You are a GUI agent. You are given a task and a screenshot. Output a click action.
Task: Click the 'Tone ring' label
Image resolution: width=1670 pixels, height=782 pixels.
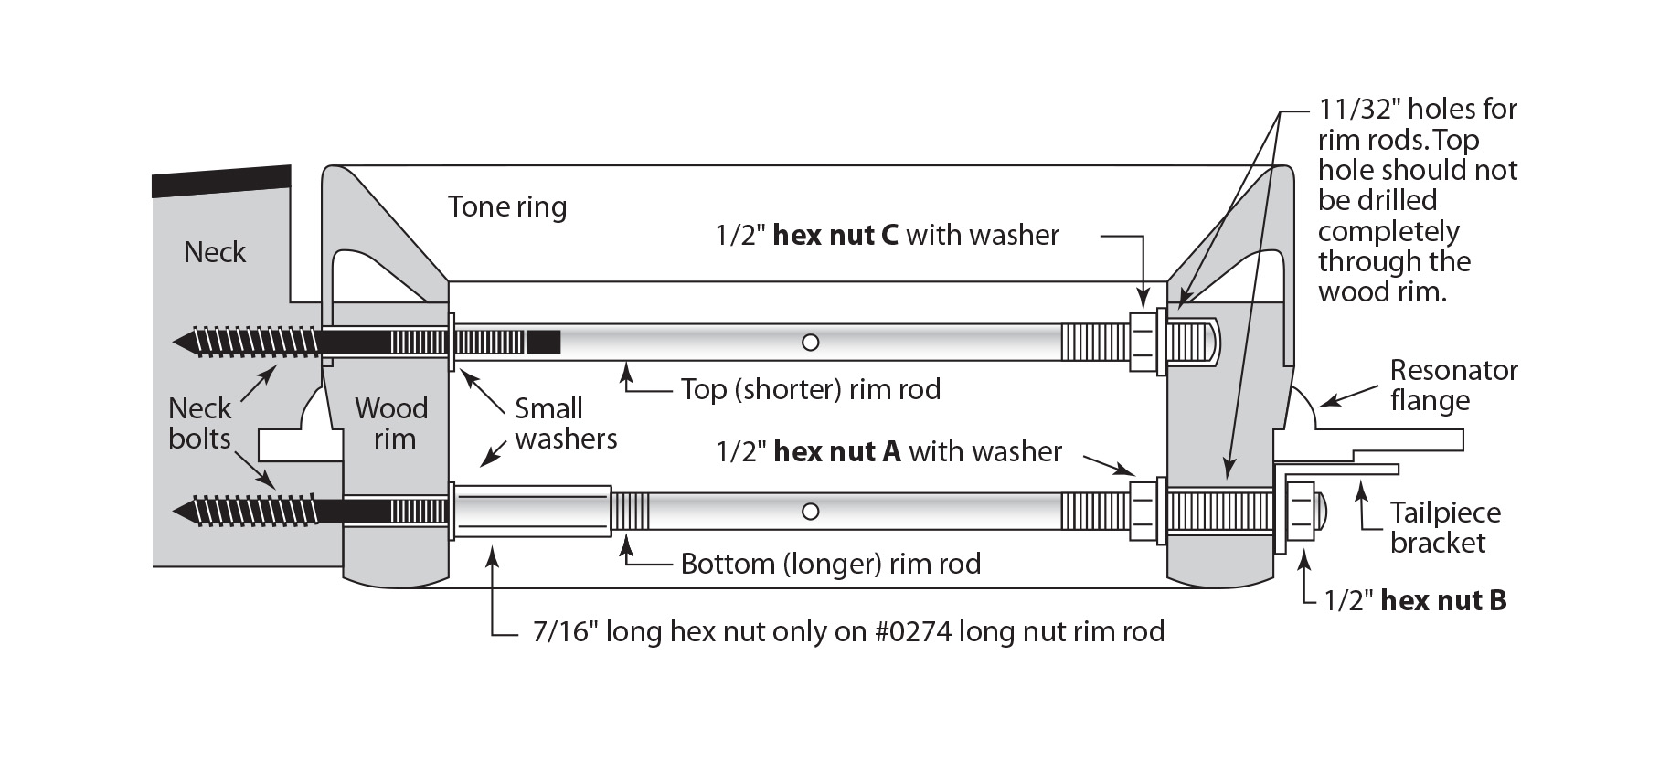click(x=507, y=207)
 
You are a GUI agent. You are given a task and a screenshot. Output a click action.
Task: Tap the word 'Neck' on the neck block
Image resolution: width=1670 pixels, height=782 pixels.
click(x=215, y=252)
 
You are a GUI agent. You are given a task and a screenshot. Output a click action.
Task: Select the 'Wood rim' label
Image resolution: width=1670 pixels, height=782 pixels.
click(x=392, y=423)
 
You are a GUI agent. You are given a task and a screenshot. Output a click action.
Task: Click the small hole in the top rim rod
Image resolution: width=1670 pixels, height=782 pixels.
click(x=810, y=343)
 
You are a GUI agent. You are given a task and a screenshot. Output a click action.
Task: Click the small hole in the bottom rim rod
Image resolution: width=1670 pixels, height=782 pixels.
click(x=810, y=511)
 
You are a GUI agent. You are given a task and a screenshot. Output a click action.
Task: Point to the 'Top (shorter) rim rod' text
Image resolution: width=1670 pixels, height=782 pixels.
click(x=811, y=389)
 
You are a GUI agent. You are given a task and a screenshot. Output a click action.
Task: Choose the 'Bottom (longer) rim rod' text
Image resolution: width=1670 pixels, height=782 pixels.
click(x=830, y=564)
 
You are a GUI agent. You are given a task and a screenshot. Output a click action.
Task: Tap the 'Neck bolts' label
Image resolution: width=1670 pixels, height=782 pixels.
click(x=200, y=423)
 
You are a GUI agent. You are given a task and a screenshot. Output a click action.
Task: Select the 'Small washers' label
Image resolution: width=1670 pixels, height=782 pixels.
click(x=565, y=423)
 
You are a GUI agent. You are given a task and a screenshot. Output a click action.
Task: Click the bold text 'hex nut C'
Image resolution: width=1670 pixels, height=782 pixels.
click(x=836, y=236)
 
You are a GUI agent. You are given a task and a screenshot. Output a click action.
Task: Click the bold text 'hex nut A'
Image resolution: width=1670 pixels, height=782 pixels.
click(x=837, y=451)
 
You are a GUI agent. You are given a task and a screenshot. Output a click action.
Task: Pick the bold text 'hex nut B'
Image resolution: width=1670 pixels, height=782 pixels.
click(x=1443, y=600)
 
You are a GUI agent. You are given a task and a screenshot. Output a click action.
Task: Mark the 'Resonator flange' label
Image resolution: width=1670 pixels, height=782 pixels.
click(x=1453, y=385)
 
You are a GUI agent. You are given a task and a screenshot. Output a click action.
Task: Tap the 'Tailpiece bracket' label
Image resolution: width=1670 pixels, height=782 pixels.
click(x=1445, y=527)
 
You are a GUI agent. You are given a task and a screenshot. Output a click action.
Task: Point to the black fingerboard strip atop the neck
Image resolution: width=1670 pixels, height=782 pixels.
click(x=221, y=181)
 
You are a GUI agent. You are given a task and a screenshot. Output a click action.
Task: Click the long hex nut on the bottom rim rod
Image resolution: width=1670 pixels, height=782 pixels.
click(x=533, y=511)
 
